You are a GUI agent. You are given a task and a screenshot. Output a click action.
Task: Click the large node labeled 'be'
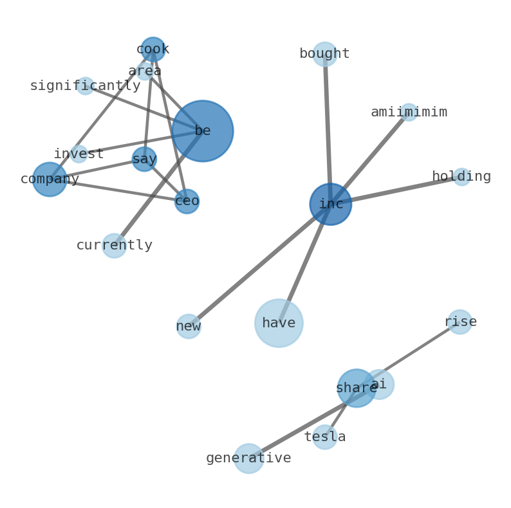pyautogui.click(x=203, y=131)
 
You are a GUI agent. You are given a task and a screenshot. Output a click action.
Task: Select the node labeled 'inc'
pyautogui.click(x=331, y=204)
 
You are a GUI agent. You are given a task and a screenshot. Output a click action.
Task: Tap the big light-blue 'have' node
pyautogui.click(x=279, y=323)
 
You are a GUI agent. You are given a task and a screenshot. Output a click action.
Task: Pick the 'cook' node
pyautogui.click(x=153, y=49)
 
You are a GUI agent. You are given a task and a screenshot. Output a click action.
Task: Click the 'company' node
pyautogui.click(x=50, y=179)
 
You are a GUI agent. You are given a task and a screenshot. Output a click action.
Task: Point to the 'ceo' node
pyautogui.click(x=187, y=201)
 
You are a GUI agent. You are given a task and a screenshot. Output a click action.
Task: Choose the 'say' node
pyautogui.click(x=144, y=159)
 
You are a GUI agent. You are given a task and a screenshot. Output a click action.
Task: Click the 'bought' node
pyautogui.click(x=325, y=54)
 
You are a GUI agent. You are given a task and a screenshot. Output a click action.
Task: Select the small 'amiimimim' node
pyautogui.click(x=409, y=113)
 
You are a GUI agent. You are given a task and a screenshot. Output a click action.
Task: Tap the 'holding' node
pyautogui.click(x=461, y=177)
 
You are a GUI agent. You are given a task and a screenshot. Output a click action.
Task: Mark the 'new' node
pyautogui.click(x=189, y=326)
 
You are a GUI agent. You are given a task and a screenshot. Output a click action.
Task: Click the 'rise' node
pyautogui.click(x=460, y=322)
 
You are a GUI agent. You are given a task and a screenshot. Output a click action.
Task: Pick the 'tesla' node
pyautogui.click(x=325, y=437)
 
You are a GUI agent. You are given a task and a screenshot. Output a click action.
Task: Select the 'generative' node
pyautogui.click(x=248, y=458)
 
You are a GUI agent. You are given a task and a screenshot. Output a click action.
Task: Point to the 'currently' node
pyautogui.click(x=114, y=246)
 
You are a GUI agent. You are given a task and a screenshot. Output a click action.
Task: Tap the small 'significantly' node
pyautogui.click(x=85, y=86)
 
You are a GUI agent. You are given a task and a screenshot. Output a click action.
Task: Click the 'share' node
pyautogui.click(x=357, y=388)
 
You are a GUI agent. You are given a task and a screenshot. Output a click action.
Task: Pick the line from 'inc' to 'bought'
pyautogui.click(x=328, y=129)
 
